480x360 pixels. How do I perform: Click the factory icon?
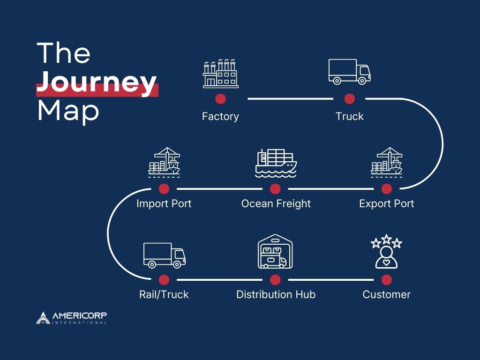(220, 74)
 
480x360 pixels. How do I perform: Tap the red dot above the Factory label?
(220, 99)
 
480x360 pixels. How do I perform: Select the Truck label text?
(349, 116)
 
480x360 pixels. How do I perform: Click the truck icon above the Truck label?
(349, 72)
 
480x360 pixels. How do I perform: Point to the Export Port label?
(387, 204)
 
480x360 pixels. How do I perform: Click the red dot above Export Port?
(387, 189)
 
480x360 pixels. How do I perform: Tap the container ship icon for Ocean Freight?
(276, 163)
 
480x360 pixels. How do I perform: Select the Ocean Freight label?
(276, 204)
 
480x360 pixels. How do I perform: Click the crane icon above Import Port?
(164, 162)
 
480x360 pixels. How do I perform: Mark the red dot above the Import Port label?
(164, 189)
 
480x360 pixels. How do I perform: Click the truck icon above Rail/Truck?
(164, 255)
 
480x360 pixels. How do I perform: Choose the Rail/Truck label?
(164, 295)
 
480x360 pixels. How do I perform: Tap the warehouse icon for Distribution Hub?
(275, 253)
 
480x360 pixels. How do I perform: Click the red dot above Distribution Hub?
(275, 280)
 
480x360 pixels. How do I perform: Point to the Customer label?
(387, 295)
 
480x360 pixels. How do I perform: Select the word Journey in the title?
(97, 83)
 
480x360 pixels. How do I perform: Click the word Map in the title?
(68, 111)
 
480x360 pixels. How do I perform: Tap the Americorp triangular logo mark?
(43, 317)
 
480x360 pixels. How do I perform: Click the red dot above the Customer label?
(387, 280)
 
